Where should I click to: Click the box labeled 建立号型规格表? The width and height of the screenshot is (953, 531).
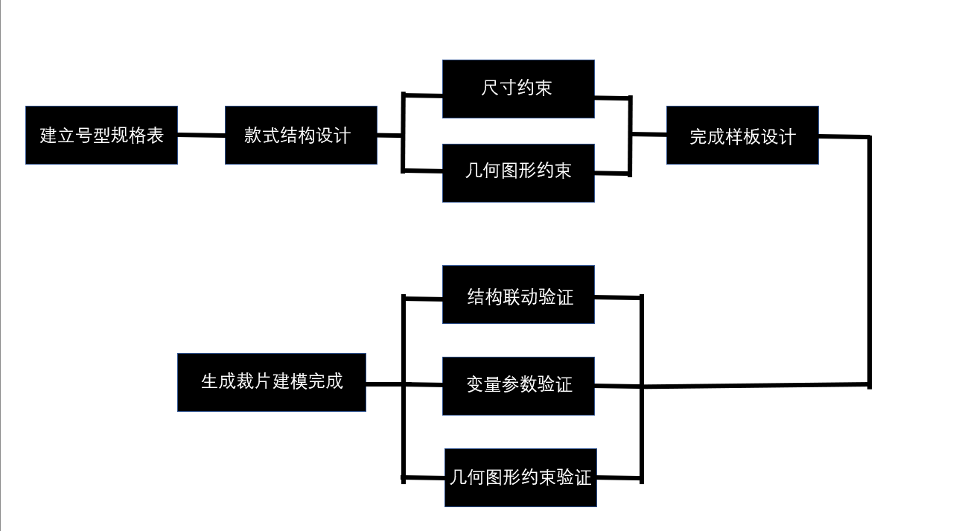(101, 135)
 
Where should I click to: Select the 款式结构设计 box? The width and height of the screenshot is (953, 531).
(301, 135)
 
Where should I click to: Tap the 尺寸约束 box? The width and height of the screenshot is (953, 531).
(518, 89)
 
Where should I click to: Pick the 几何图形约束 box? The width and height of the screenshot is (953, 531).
(518, 173)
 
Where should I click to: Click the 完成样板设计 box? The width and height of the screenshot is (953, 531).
(742, 135)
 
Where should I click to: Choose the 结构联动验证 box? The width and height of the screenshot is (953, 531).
(518, 295)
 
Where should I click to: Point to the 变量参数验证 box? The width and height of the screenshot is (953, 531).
(518, 386)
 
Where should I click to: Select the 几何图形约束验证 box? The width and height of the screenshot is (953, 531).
(520, 477)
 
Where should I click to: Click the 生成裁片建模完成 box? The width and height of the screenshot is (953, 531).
(272, 382)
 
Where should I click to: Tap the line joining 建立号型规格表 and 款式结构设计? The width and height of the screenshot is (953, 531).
(201, 136)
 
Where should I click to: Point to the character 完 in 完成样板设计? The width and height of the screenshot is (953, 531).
(698, 137)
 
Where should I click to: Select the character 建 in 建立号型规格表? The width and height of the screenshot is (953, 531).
(48, 136)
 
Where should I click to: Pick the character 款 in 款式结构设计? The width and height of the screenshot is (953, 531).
(253, 136)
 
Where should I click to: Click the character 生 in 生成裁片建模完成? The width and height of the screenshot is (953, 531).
(210, 382)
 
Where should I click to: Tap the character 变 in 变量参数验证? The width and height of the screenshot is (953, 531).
(476, 385)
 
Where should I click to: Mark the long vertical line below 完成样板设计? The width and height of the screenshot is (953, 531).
(869, 261)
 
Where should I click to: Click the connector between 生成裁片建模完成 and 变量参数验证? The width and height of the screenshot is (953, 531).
(383, 384)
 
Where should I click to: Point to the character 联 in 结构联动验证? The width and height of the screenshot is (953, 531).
(511, 297)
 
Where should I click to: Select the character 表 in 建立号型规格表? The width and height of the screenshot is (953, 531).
(155, 136)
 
